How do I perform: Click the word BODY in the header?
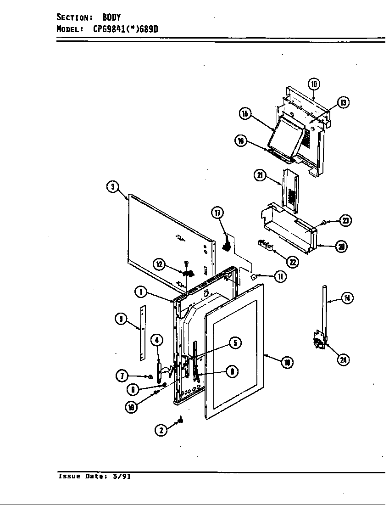(111, 17)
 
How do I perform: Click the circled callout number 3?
(113, 187)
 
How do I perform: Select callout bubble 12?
(159, 264)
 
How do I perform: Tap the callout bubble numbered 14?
(347, 298)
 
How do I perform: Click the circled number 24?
(343, 359)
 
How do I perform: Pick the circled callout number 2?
(161, 430)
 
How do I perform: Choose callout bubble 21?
(260, 175)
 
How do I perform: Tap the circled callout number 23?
(345, 221)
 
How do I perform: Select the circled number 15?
(245, 114)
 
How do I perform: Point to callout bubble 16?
(240, 141)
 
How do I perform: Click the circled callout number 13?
(343, 103)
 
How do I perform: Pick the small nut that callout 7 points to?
(150, 376)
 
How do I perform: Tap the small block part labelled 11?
(254, 277)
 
